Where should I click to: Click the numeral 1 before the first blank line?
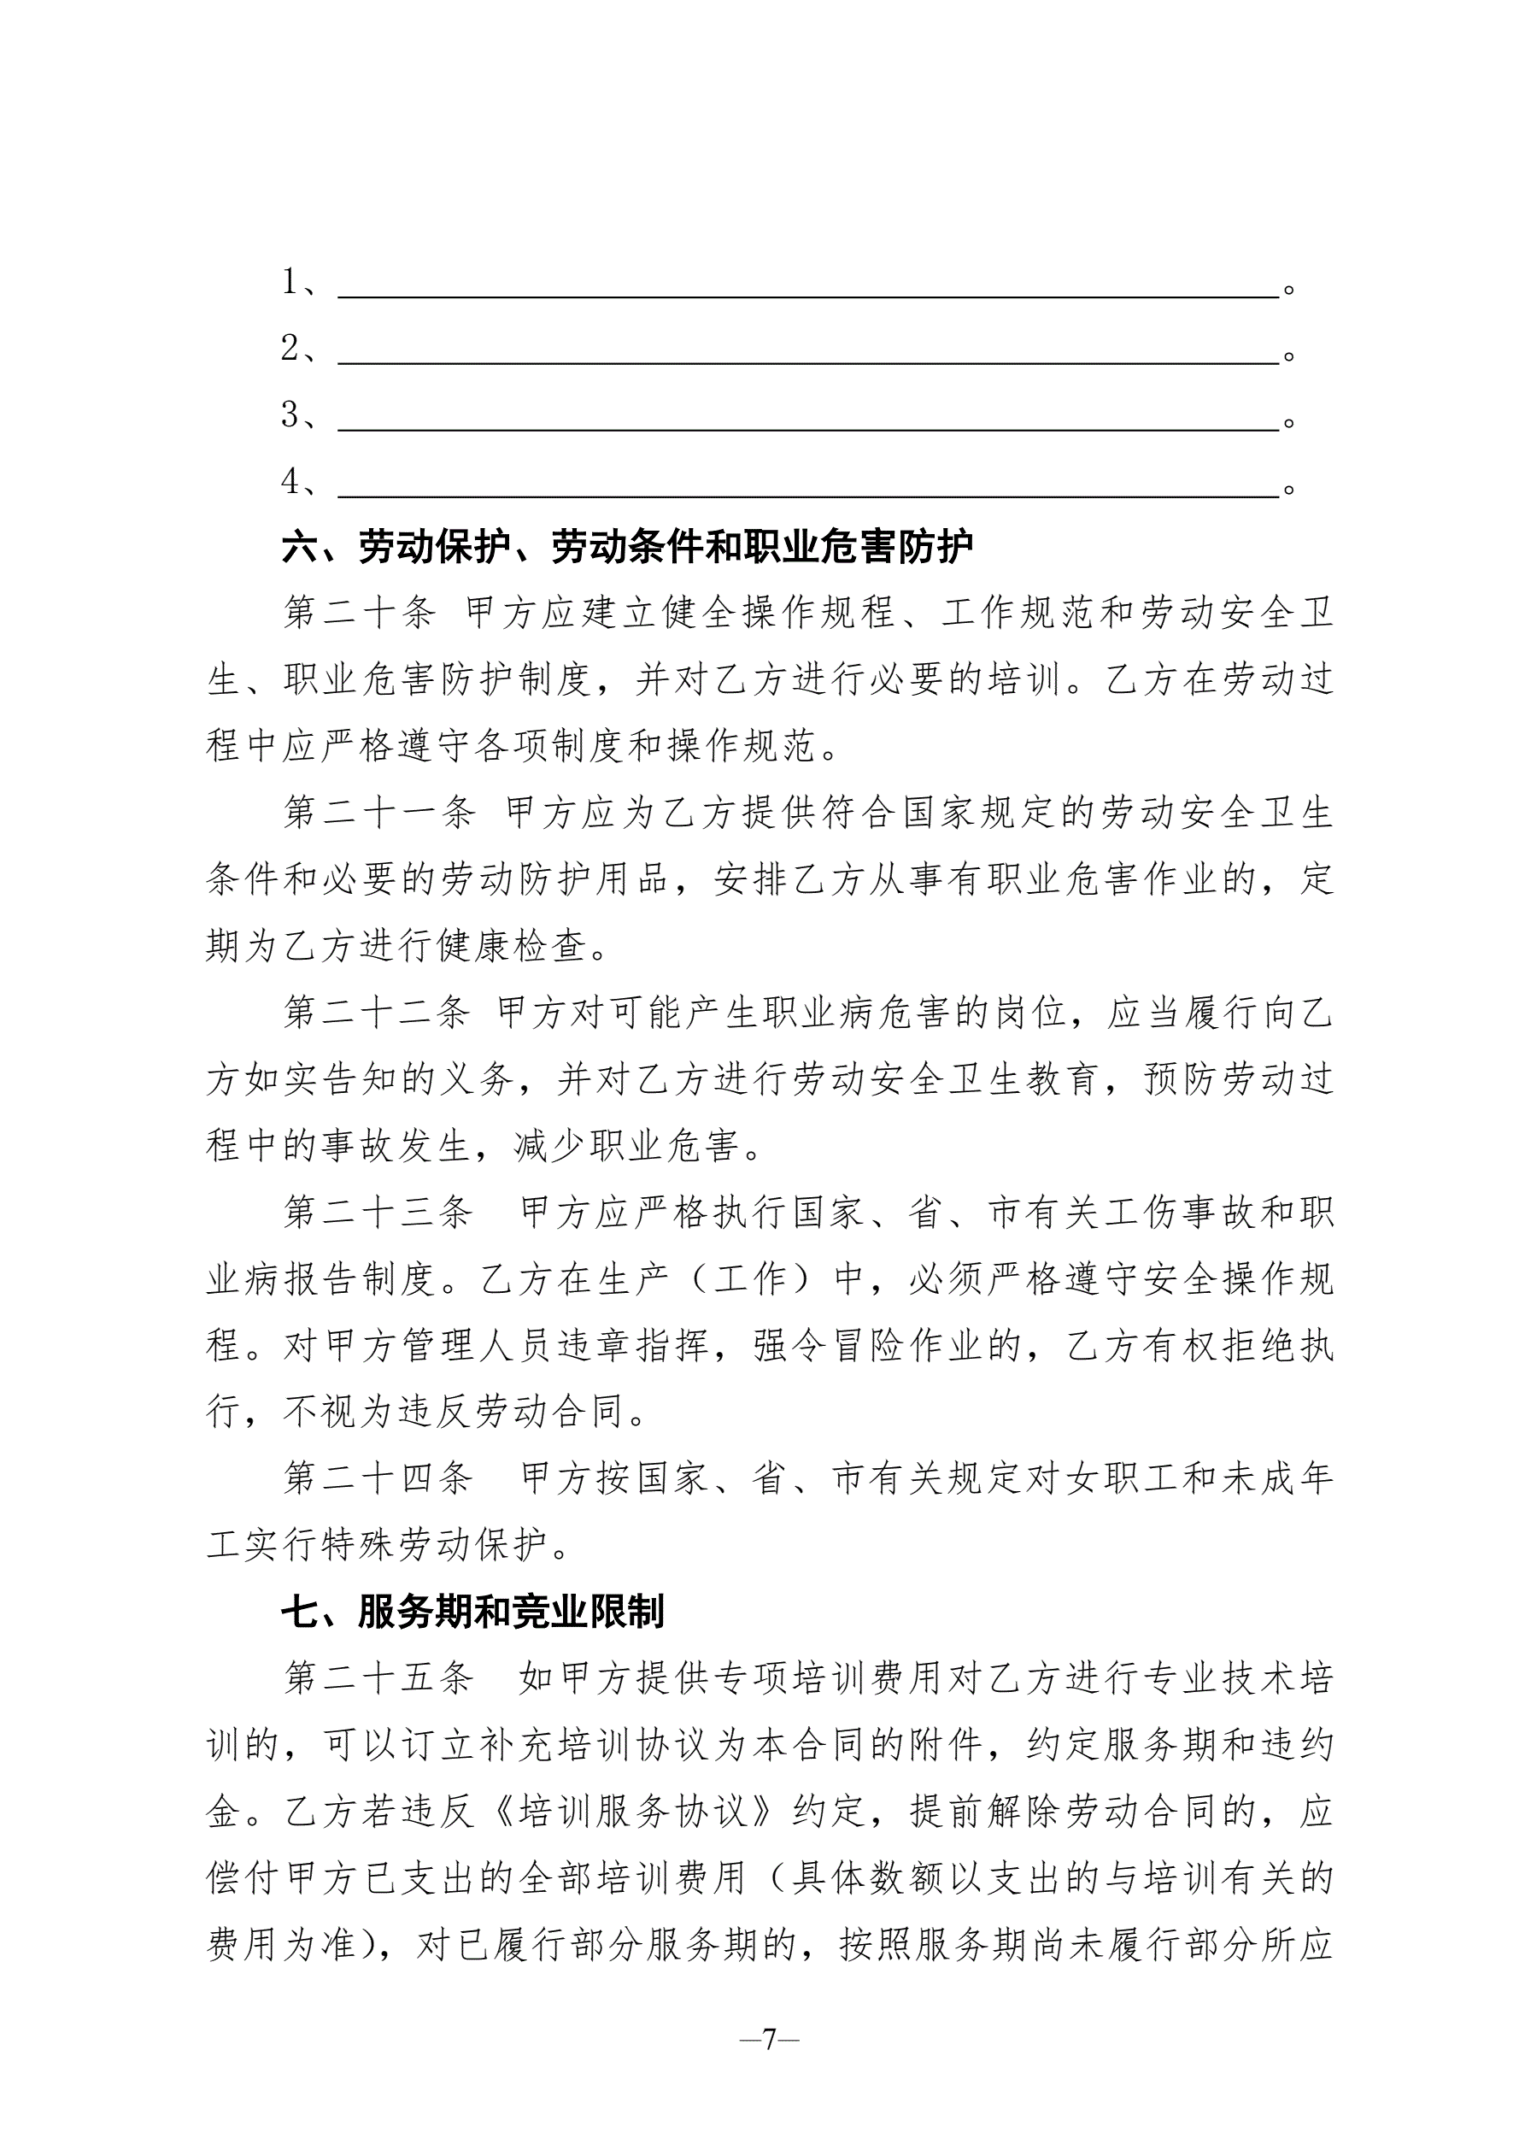290,282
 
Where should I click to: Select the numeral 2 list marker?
290,349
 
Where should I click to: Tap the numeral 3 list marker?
290,415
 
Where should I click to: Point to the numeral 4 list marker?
290,482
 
